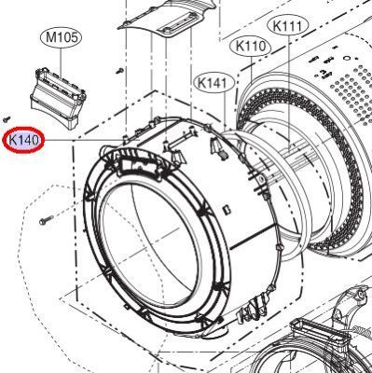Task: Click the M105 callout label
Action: [61, 37]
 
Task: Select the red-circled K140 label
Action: [23, 140]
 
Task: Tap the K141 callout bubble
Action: [213, 83]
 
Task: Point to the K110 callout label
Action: [251, 47]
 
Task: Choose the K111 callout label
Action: [287, 26]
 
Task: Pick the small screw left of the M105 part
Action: [7, 118]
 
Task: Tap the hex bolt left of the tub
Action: [46, 220]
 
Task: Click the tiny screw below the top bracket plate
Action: [119, 71]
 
